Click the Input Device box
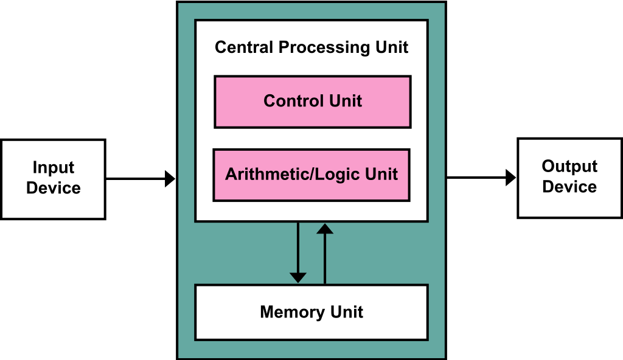click(x=54, y=179)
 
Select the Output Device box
click(x=569, y=178)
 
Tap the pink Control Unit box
click(x=312, y=102)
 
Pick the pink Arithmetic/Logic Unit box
click(x=311, y=175)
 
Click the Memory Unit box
click(x=311, y=313)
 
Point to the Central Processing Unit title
click(x=311, y=47)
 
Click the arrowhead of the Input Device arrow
click(x=170, y=179)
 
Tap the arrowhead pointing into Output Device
click(x=511, y=177)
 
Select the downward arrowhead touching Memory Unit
click(x=298, y=278)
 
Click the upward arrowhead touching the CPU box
click(x=325, y=228)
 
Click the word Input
click(x=54, y=168)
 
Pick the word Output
click(x=569, y=167)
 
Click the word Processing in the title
click(x=325, y=47)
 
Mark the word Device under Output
click(x=569, y=187)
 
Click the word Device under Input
click(x=54, y=188)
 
